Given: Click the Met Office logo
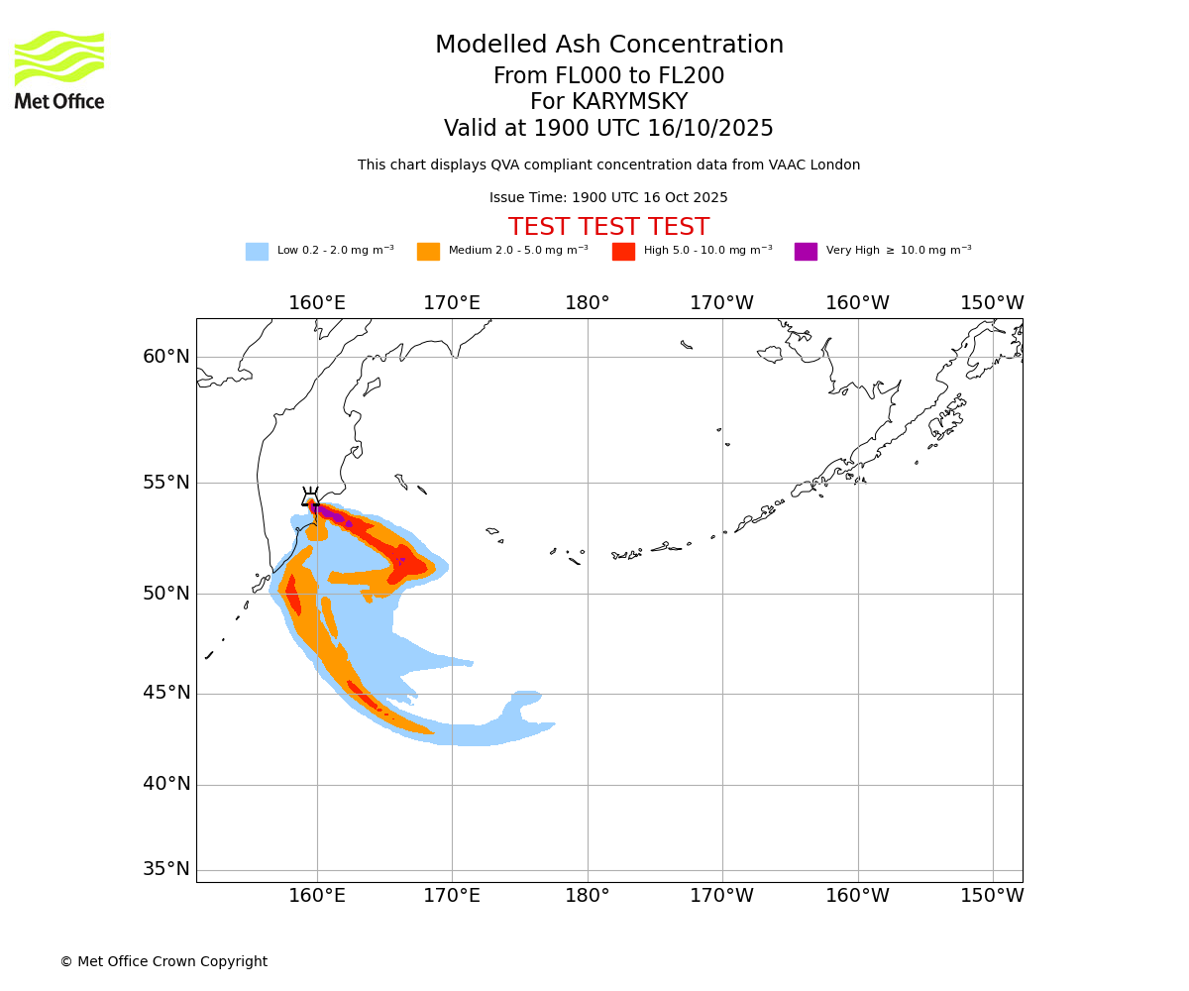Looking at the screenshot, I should coord(59,69).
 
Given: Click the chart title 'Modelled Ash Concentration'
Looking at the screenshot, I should coord(608,46).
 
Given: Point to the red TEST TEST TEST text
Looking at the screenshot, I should coord(608,227).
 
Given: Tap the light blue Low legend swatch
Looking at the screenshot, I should coord(257,252).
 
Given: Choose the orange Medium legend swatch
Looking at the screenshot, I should coord(428,252).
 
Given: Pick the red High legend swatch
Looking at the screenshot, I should coord(623,252).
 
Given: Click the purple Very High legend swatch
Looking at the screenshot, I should coord(806,252).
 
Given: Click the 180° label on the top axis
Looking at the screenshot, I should coord(588,303).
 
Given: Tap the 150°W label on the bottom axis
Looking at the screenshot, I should coord(992,896).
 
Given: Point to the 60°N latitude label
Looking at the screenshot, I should coord(166,357).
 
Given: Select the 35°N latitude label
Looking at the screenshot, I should coord(166,869).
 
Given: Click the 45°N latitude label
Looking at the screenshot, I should coord(166,693).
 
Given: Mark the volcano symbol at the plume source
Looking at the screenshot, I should coord(311,497).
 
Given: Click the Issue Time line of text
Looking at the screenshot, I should coord(608,198).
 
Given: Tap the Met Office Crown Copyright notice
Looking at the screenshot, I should coord(163,962).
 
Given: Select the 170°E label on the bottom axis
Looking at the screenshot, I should coord(452,896).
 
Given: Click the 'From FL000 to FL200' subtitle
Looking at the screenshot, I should coord(608,76).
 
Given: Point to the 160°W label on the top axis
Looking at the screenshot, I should coord(857,303).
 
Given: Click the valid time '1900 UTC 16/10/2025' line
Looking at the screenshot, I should coord(608,129).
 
